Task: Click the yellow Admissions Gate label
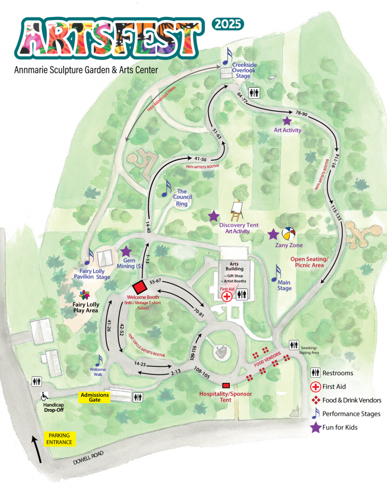(x=95, y=397)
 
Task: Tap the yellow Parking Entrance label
(x=60, y=439)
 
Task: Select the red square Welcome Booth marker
(x=139, y=288)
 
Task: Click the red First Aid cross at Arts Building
(x=227, y=296)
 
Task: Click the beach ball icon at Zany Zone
(x=289, y=234)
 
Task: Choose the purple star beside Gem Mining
(x=125, y=252)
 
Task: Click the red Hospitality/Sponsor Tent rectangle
(x=226, y=385)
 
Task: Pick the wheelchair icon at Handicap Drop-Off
(x=45, y=395)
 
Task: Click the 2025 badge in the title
(x=229, y=24)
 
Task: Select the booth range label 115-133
(x=335, y=210)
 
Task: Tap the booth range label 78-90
(x=301, y=114)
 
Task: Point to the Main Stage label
(x=284, y=286)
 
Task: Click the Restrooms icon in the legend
(x=316, y=373)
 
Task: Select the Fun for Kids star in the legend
(x=316, y=427)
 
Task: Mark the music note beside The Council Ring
(x=166, y=188)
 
